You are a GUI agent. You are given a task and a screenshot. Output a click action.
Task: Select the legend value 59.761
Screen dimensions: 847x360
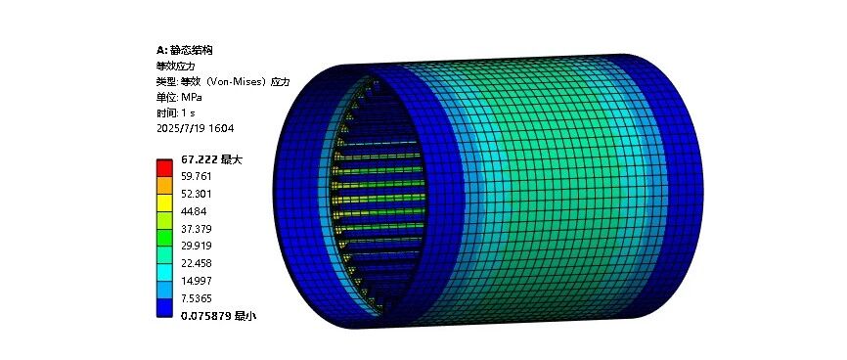196,177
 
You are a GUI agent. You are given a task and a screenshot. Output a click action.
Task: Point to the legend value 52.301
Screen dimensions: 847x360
196,194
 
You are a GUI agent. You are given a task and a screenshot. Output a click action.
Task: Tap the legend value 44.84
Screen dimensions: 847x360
194,211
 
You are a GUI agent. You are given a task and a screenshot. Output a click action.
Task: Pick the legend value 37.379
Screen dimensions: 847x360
196,229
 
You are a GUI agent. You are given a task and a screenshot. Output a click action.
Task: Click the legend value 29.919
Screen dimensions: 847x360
196,246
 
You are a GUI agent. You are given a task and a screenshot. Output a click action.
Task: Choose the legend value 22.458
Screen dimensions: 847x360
196,263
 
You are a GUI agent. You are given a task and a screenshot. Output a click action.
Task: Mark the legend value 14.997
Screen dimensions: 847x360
196,281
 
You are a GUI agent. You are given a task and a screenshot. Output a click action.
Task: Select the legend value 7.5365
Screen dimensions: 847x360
196,298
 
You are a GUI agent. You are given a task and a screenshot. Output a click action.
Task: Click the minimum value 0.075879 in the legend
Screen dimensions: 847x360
205,316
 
